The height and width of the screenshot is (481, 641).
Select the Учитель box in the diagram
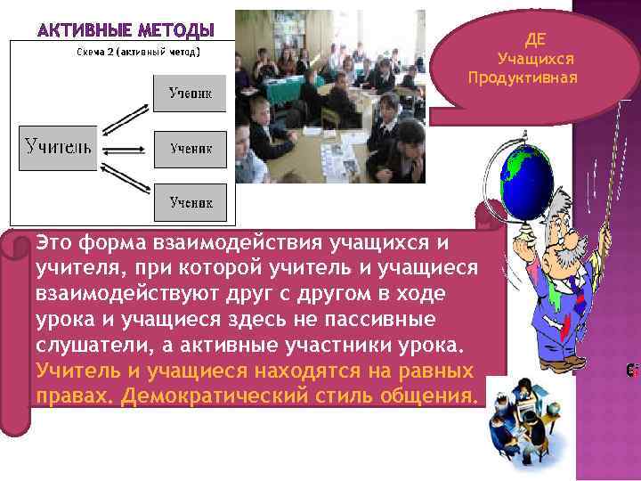[59, 145]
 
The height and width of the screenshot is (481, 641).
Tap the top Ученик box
[190, 93]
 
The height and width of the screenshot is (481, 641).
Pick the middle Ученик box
[191, 148]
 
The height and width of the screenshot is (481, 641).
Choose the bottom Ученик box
[191, 202]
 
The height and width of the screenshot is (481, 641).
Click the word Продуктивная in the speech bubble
[523, 77]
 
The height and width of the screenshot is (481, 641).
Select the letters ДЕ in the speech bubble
[535, 40]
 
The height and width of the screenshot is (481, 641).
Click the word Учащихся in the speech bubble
[535, 59]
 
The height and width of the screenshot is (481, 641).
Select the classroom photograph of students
[330, 96]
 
